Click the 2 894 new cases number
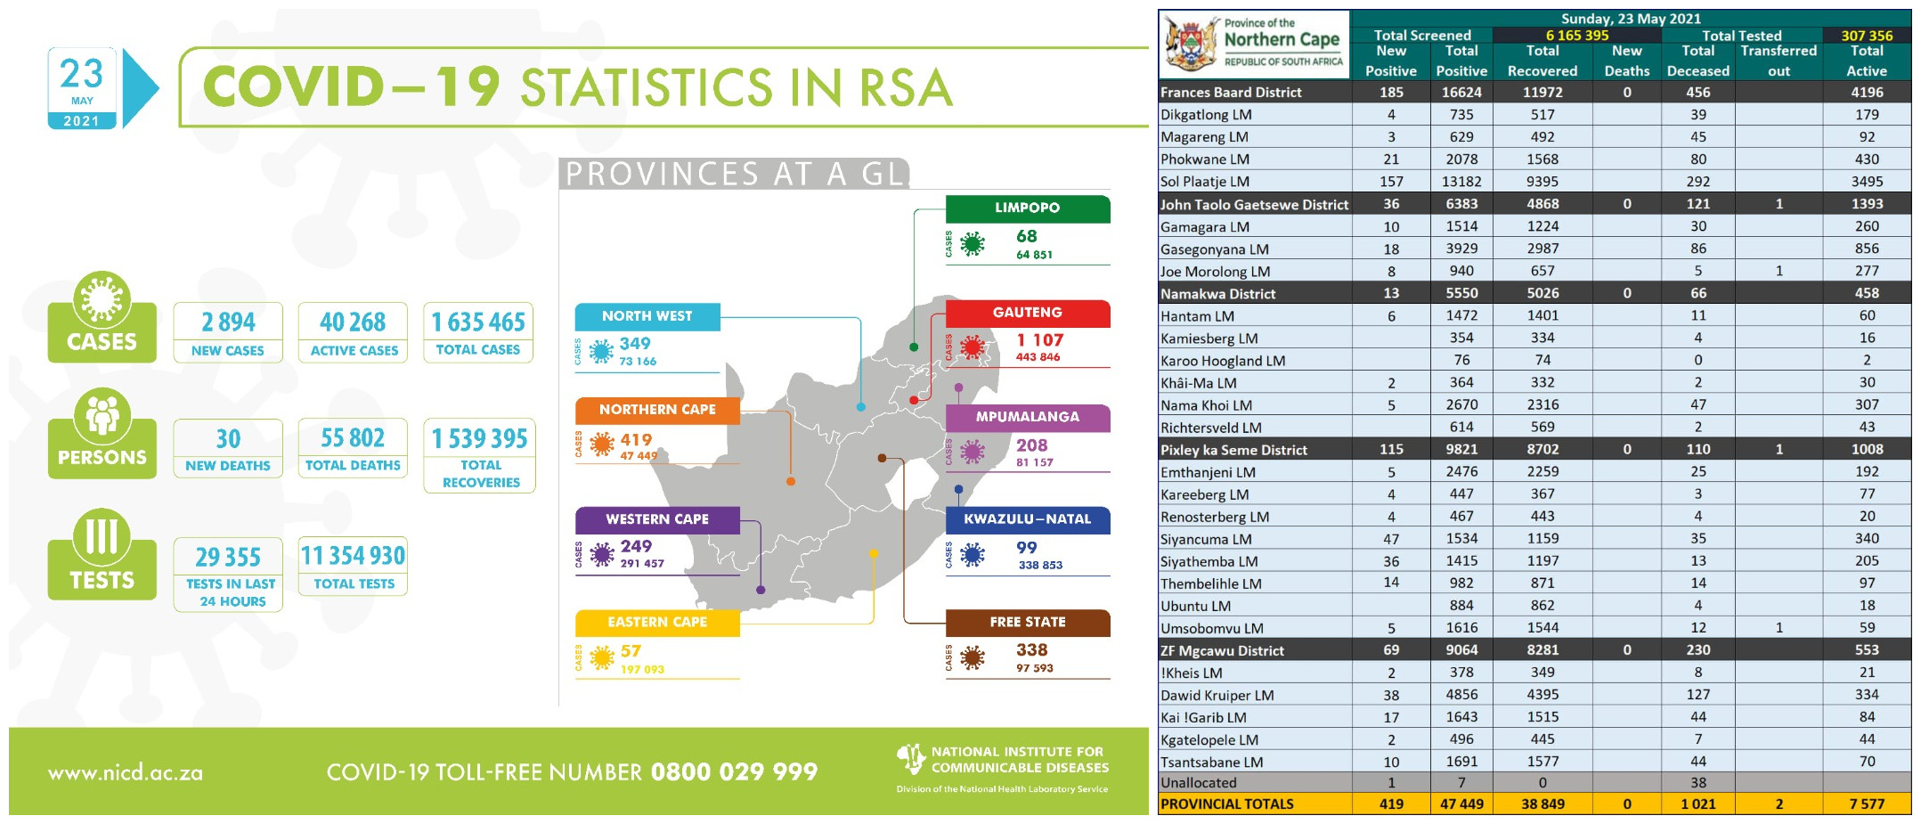click(x=228, y=322)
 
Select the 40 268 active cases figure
click(x=353, y=322)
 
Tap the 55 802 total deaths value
click(x=353, y=437)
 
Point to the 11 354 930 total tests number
click(x=353, y=556)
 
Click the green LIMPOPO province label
click(x=1027, y=208)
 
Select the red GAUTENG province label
click(x=1027, y=313)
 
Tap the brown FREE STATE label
click(x=1027, y=622)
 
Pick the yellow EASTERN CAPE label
click(x=657, y=622)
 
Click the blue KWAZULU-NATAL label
click(x=1027, y=518)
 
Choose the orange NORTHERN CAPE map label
click(x=657, y=410)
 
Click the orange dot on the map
click(x=791, y=481)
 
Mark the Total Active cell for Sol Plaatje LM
click(x=1867, y=182)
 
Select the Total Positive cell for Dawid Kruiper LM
click(x=1461, y=695)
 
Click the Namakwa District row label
click(x=1217, y=293)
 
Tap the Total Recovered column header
click(x=1542, y=61)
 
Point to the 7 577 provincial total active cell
click(x=1867, y=804)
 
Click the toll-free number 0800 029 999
click(x=734, y=771)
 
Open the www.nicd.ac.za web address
click(x=126, y=773)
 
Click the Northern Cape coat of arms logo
click(x=1191, y=45)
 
